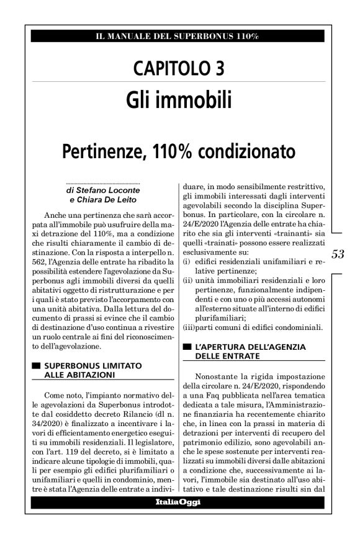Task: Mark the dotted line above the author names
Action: point(102,184)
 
